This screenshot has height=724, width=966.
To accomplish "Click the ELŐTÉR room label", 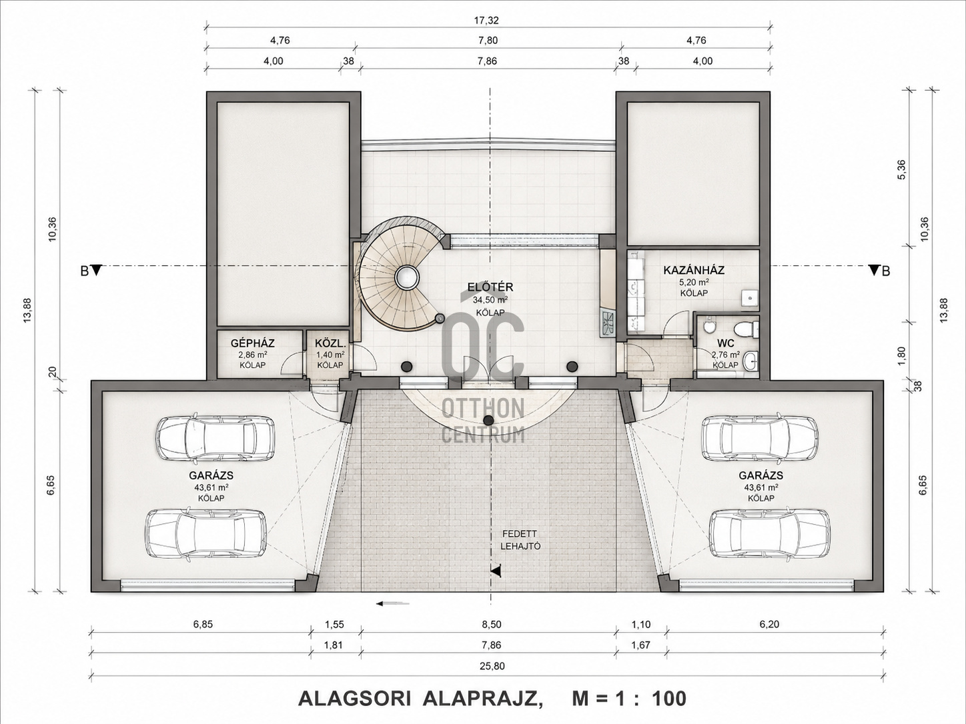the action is coord(490,287).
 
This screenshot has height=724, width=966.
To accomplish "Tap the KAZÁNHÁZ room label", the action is coord(694,270).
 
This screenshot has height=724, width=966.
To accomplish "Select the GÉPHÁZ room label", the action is coord(253,343).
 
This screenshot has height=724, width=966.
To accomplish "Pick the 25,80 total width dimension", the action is coord(492,666).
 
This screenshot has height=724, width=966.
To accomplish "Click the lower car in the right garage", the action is coord(769,534).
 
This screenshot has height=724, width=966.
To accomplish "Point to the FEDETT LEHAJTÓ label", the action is coord(520,540).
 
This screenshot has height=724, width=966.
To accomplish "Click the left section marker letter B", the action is coord(85,271).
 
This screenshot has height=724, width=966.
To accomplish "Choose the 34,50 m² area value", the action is coord(490,300).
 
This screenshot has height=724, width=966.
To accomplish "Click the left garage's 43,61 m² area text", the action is coord(211,487).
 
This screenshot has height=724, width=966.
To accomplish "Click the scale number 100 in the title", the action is coord(669,699).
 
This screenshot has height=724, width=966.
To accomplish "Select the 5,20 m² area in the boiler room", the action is coord(694,282).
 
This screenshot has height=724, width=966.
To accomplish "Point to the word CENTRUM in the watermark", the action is coord(483,435).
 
